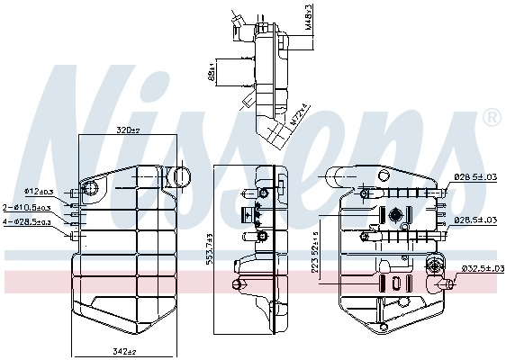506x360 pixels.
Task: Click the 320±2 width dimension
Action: [129, 130]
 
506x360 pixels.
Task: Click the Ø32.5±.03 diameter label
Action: [480, 267]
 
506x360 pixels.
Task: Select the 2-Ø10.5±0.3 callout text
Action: [28, 207]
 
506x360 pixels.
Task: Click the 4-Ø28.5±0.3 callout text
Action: [28, 221]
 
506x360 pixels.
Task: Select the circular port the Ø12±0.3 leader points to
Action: [89, 189]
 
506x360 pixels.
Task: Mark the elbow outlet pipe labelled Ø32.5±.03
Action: [444, 285]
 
